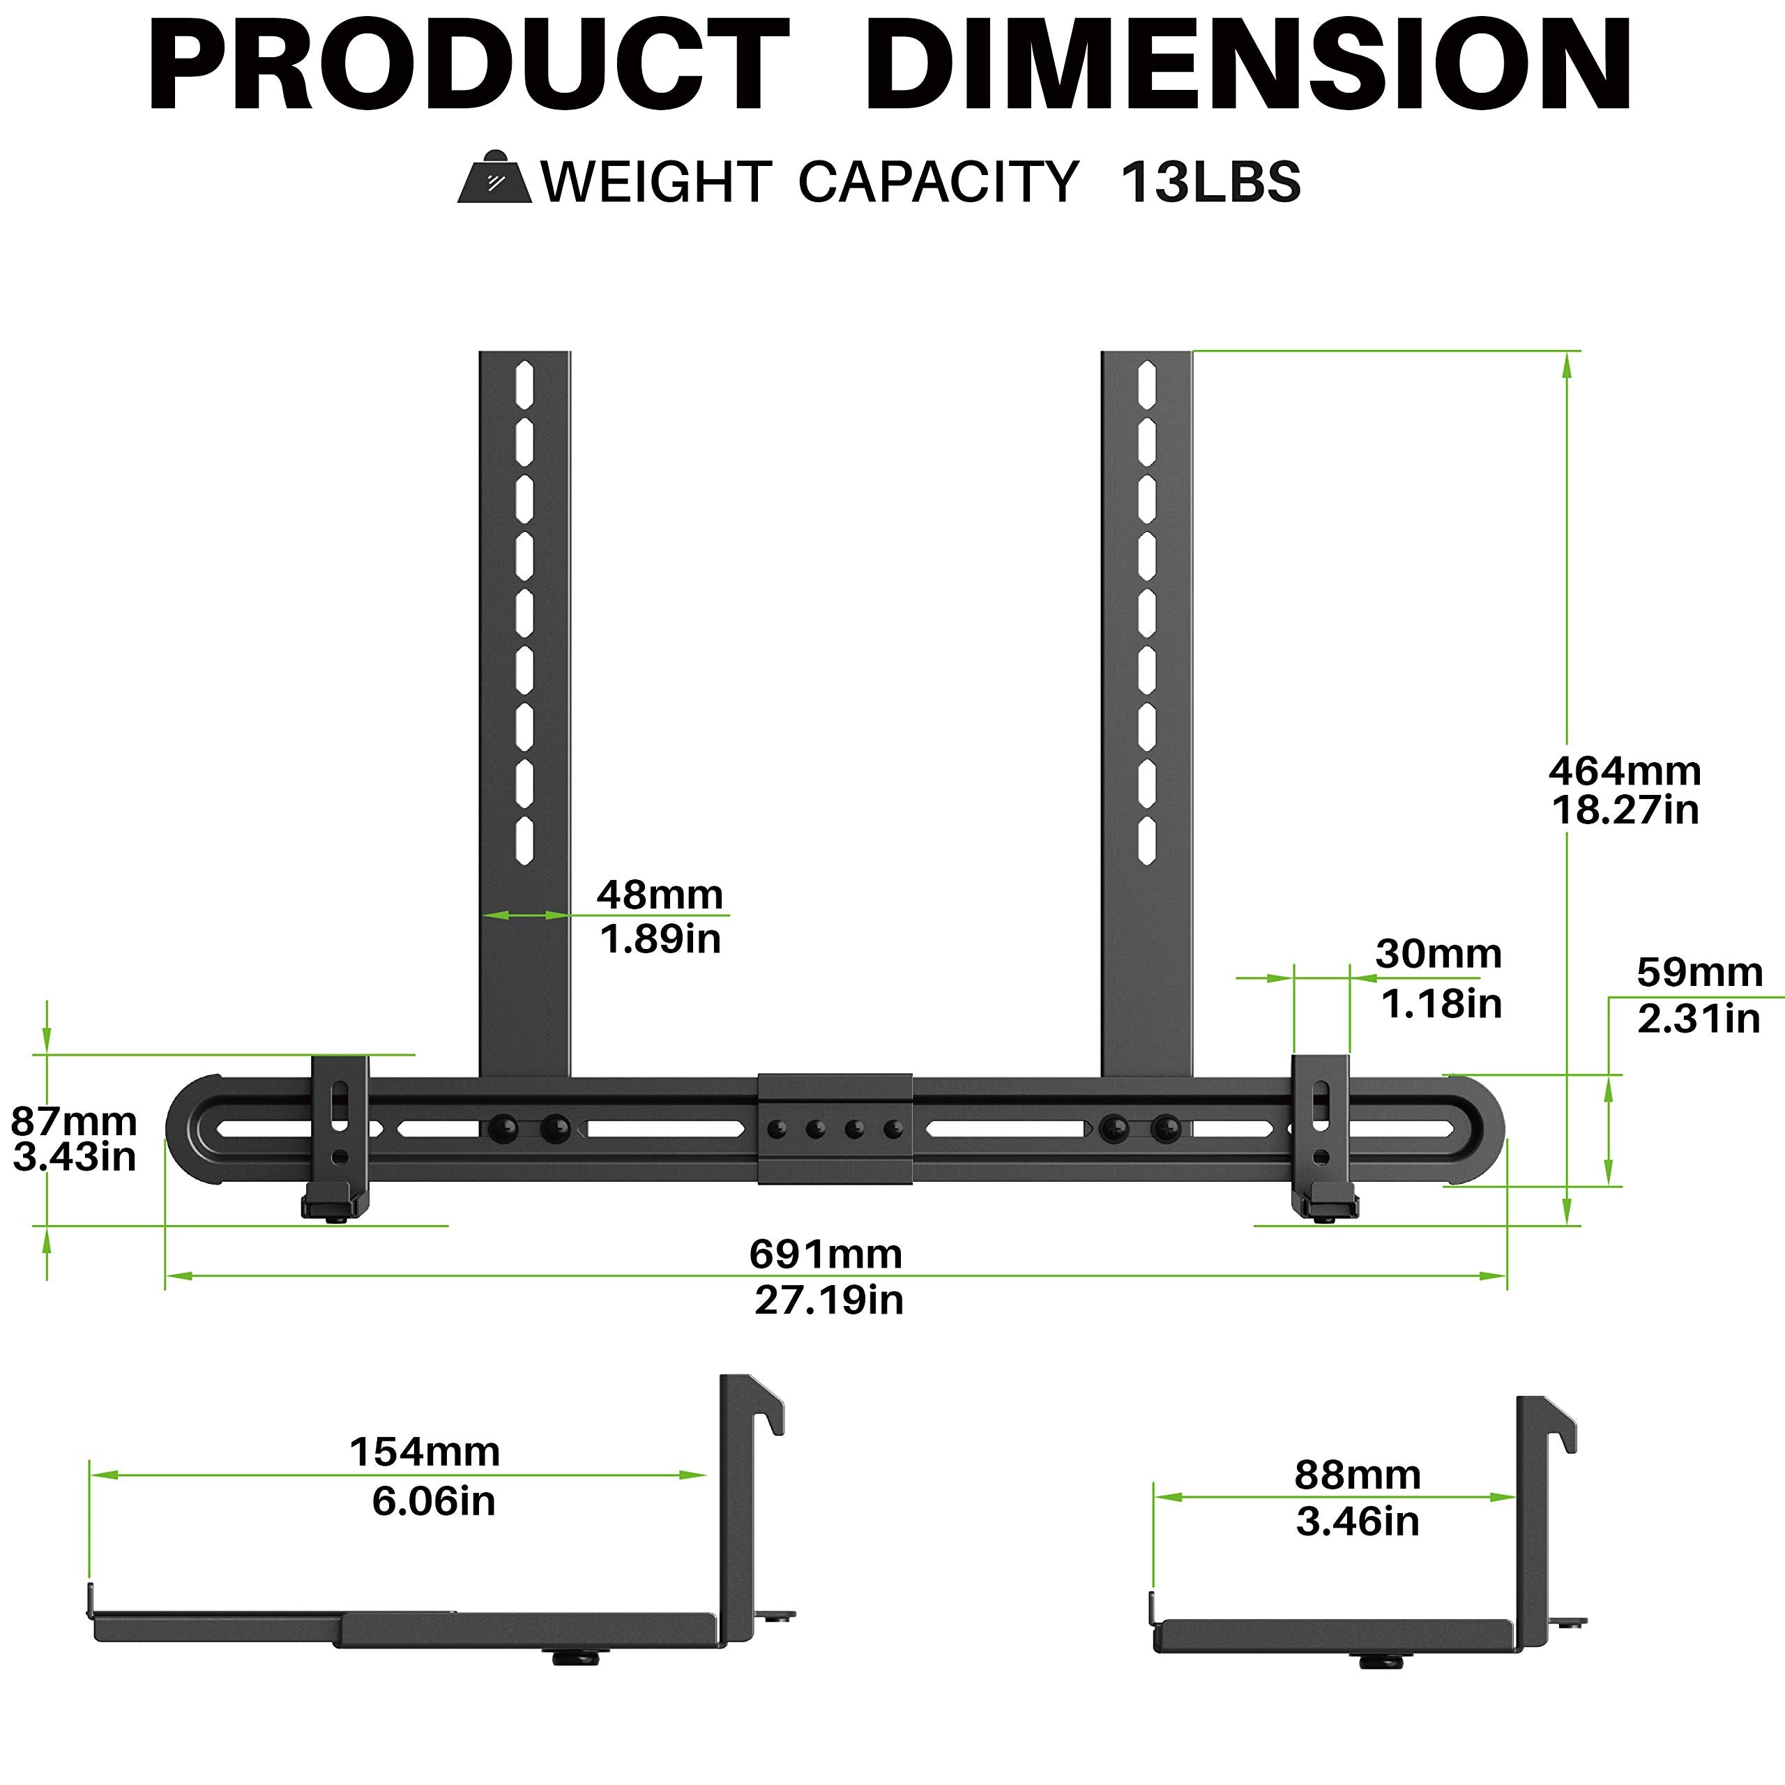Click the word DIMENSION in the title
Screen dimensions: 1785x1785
coord(1247,66)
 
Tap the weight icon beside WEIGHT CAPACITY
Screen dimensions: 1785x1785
coord(494,178)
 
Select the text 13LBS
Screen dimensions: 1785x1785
coord(1210,182)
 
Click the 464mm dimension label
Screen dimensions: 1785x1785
coord(1624,771)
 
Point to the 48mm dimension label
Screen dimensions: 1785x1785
coord(660,895)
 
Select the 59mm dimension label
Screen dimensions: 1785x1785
coord(1699,972)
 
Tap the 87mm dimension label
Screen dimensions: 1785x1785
coord(74,1122)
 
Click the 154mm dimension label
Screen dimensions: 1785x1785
coord(425,1452)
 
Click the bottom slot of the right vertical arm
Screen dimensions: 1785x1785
coord(1146,840)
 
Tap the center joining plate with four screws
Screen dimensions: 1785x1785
coord(835,1128)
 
